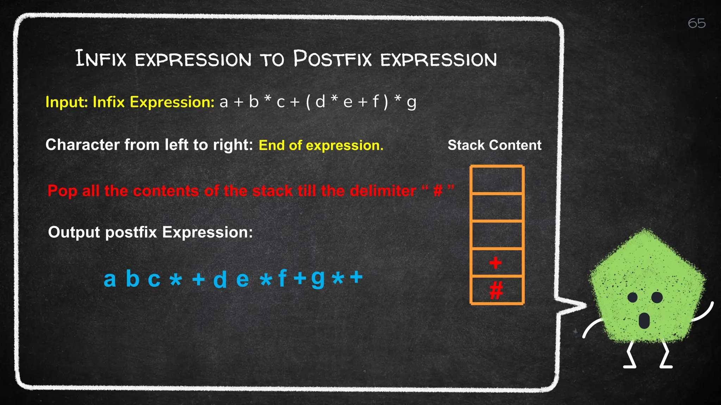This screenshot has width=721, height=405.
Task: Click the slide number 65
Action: [696, 24]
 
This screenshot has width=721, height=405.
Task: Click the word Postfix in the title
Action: [332, 59]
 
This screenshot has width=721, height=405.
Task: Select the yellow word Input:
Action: [67, 102]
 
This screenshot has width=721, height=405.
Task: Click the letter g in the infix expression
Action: [411, 103]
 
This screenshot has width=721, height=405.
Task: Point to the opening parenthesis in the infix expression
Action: [308, 102]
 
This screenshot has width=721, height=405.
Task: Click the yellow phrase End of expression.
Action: [321, 145]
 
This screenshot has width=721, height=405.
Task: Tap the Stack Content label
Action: [494, 145]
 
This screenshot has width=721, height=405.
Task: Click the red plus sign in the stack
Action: [495, 263]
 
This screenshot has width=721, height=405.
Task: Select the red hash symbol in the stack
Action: [496, 290]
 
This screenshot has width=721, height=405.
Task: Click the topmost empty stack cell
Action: [497, 180]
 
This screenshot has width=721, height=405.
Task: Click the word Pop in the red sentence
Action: [62, 191]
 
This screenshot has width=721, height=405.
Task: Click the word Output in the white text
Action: [74, 232]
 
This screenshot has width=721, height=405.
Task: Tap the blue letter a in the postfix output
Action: [110, 279]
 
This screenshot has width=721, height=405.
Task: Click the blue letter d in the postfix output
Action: [220, 280]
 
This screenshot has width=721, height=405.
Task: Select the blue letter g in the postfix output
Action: [318, 278]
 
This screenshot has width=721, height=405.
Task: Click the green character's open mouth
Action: [644, 320]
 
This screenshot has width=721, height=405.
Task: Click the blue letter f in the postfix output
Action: [282, 278]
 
